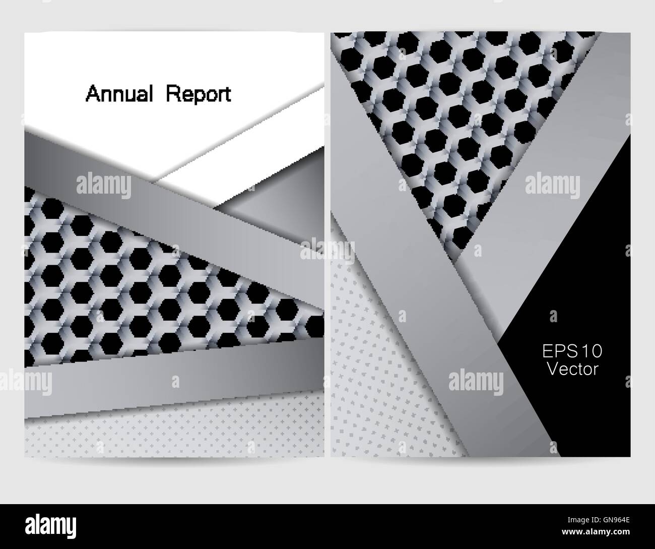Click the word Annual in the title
(119, 94)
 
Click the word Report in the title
(199, 94)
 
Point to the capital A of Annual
(92, 94)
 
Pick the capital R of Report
(172, 94)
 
